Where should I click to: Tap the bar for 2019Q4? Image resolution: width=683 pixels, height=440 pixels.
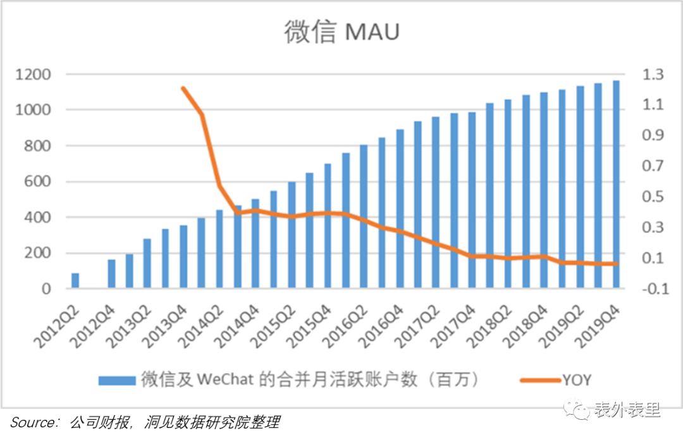(x=615, y=184)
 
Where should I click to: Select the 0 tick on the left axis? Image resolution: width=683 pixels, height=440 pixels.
(x=47, y=289)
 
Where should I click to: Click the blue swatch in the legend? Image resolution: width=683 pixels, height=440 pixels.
(x=117, y=380)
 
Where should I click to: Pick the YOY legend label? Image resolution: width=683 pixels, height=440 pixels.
(x=577, y=379)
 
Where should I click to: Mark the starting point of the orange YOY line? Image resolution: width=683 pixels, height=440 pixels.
(x=183, y=88)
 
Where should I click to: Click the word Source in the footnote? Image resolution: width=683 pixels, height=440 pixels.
(x=32, y=422)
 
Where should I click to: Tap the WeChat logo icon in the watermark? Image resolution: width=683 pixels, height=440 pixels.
(x=577, y=410)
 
